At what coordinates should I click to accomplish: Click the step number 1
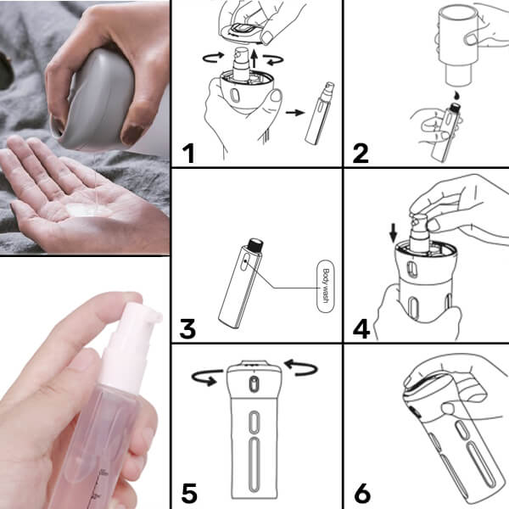188,154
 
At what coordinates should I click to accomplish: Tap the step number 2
361,154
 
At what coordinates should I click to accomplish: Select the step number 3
187,329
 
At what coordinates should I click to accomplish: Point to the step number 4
361,329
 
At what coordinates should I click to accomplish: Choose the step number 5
189,494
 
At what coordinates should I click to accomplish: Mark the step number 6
362,494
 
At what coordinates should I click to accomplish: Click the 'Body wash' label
325,286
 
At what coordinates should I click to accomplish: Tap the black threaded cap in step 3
255,243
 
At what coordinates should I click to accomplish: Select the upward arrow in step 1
255,59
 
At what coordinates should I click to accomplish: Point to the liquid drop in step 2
457,95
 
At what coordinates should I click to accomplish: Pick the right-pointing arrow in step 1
295,113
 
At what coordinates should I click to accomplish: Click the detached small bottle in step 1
320,114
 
